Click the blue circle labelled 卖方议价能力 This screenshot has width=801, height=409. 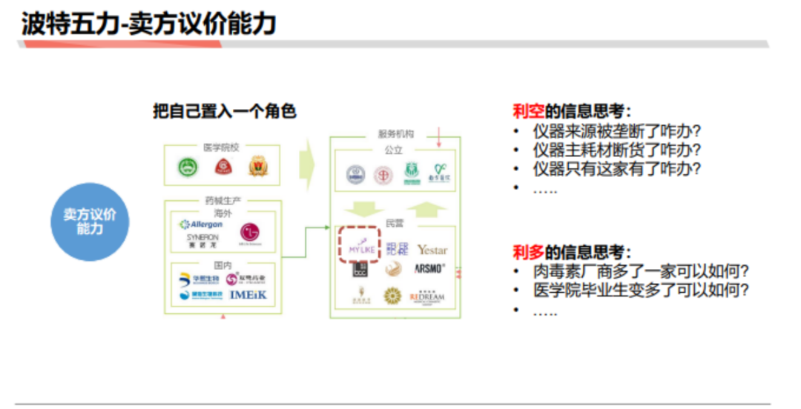click(x=90, y=222)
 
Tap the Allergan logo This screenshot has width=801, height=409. click(x=201, y=224)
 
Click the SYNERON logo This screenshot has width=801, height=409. click(x=202, y=240)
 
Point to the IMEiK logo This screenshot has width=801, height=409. click(x=248, y=295)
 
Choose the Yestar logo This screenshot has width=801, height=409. click(x=432, y=250)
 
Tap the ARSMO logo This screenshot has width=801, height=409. click(x=429, y=268)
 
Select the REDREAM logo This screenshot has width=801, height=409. click(x=426, y=298)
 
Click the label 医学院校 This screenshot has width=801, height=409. click(x=221, y=147)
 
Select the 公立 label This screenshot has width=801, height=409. click(x=393, y=150)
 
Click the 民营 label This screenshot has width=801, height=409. click(x=395, y=222)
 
